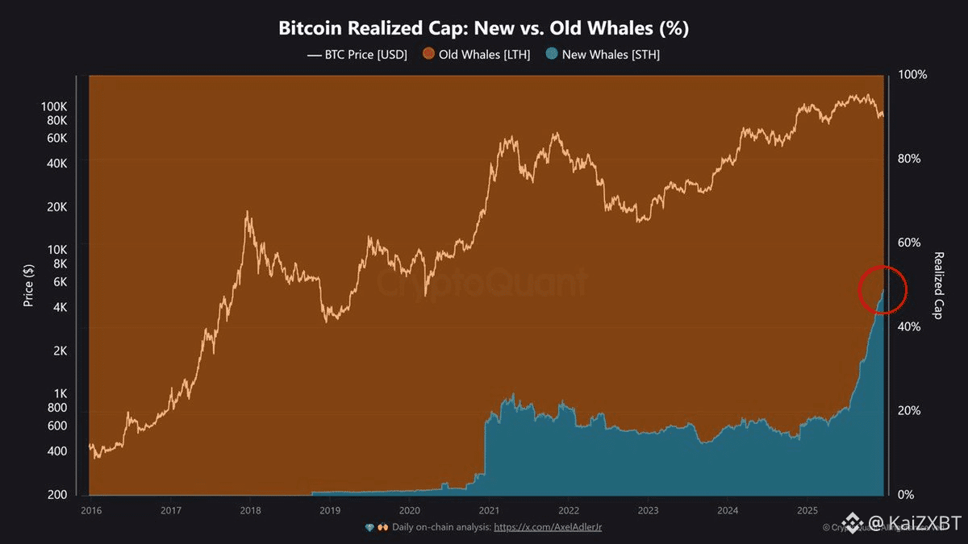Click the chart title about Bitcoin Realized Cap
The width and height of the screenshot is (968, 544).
point(483,28)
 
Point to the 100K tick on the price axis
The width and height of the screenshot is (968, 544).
point(53,106)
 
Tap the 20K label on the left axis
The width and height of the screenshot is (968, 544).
point(56,206)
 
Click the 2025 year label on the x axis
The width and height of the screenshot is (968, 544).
point(807,510)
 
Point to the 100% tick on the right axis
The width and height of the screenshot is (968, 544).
point(913,74)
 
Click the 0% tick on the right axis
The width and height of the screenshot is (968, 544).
point(907,495)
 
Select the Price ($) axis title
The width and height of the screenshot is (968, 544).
point(28,284)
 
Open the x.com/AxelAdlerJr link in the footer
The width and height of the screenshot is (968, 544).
point(548,527)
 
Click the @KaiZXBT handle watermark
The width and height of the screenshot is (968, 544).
point(913,525)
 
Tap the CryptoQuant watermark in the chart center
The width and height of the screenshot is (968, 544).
point(483,284)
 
